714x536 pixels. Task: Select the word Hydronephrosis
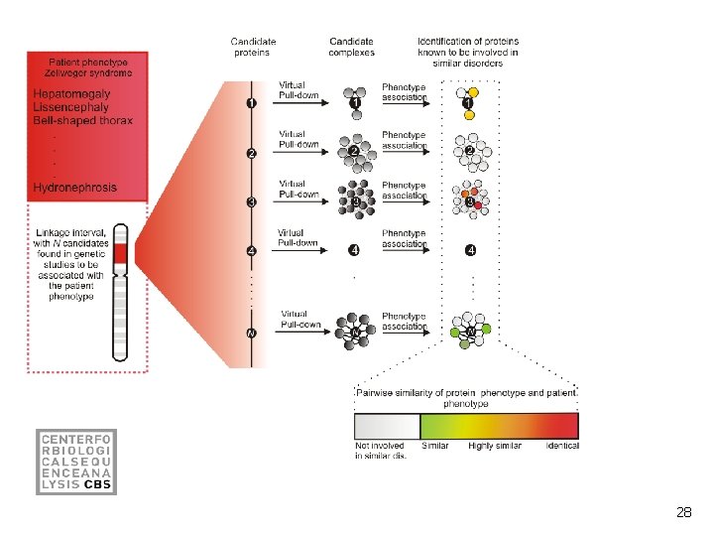74,187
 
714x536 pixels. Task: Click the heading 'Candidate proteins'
253,47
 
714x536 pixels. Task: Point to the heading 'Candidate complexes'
353,47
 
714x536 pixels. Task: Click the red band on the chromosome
120,257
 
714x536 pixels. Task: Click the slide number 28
683,512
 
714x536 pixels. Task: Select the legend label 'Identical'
562,446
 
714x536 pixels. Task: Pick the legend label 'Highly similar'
495,446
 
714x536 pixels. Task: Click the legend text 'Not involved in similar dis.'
380,451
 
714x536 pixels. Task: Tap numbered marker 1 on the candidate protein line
252,102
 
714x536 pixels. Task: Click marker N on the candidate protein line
252,333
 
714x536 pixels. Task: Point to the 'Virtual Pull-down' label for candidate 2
298,139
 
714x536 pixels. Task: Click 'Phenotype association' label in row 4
404,239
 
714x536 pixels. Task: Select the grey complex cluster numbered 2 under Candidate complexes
355,151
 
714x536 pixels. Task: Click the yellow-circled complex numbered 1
468,102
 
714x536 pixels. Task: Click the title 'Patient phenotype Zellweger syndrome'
86,67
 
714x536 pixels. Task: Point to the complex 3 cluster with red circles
471,201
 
